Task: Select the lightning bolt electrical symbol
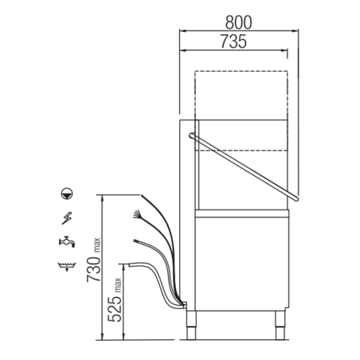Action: [65, 217]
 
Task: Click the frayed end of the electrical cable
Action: [139, 213]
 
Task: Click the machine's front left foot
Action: [192, 320]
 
